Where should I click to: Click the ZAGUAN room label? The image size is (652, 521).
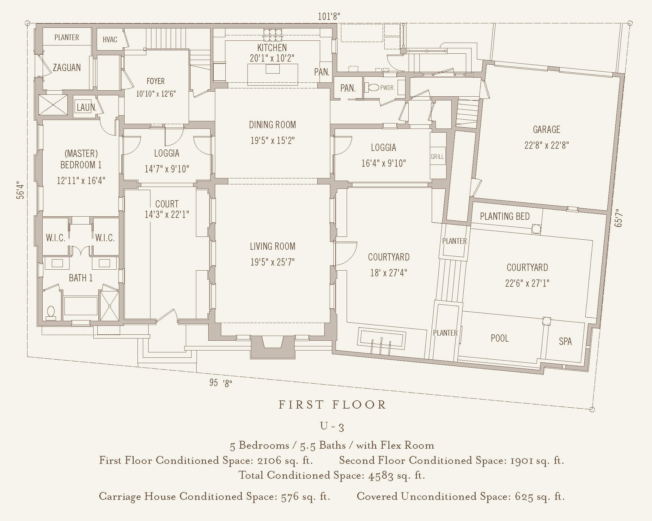[x=67, y=68]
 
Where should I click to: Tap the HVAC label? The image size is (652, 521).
[x=110, y=39]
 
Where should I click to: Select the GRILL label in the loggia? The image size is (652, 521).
[x=437, y=157]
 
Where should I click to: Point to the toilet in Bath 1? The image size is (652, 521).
[x=51, y=312]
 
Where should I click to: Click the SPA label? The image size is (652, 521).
[x=565, y=341]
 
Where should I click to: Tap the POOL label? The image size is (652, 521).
[x=500, y=338]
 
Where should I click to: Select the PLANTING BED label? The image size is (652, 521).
[x=505, y=216]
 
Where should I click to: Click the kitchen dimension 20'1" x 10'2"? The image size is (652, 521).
[x=272, y=58]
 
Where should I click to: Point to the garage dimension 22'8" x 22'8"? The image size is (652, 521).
[x=546, y=145]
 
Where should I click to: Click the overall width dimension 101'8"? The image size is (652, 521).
[x=329, y=16]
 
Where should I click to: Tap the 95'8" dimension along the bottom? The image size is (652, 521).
[x=221, y=383]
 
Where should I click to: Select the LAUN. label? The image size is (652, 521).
[x=86, y=107]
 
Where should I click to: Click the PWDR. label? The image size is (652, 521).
[x=387, y=88]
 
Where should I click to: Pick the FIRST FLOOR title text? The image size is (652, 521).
[x=332, y=405]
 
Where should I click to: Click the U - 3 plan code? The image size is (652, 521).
[x=332, y=426]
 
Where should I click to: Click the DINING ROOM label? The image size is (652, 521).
[x=272, y=125]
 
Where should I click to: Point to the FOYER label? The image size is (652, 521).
[x=155, y=81]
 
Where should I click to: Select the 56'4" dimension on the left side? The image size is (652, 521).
[x=20, y=190]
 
